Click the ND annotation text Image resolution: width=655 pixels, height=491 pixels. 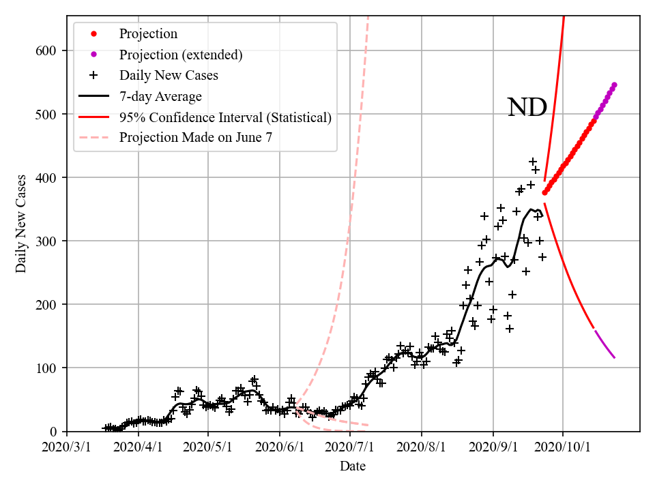click(x=527, y=107)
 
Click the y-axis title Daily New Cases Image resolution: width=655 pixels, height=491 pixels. click(x=21, y=224)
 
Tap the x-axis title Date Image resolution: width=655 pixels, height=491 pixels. click(x=353, y=466)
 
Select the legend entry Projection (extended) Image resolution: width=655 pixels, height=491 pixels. click(x=181, y=55)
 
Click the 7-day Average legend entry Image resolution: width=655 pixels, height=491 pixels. click(x=160, y=96)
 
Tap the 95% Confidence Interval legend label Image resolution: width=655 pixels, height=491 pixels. click(x=225, y=117)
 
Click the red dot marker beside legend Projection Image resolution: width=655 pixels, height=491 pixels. click(x=93, y=34)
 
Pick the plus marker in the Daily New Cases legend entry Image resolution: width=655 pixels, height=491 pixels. click(x=93, y=76)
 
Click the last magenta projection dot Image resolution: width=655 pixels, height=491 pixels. click(x=614, y=85)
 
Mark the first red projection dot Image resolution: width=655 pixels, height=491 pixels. click(x=544, y=193)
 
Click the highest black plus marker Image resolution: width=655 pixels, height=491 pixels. click(x=533, y=162)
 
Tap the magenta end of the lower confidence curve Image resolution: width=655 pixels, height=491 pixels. click(x=614, y=357)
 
